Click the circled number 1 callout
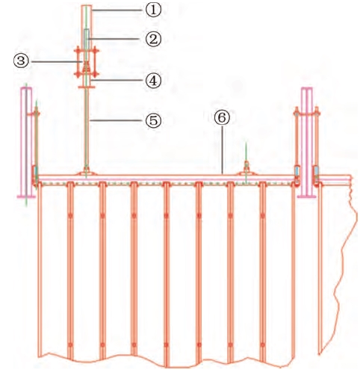(x=153, y=10)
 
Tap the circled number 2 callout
(x=153, y=39)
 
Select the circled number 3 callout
(x=21, y=61)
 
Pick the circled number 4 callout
(x=153, y=80)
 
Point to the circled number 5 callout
(x=153, y=120)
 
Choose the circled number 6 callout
(x=222, y=117)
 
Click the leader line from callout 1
(x=119, y=10)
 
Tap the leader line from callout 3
(x=55, y=61)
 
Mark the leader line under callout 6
(x=222, y=149)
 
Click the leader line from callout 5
(x=117, y=120)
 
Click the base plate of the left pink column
(x=26, y=197)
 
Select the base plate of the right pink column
(x=307, y=197)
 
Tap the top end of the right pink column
(x=307, y=88)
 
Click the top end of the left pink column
(x=26, y=89)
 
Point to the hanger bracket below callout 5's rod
(x=86, y=173)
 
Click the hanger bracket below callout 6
(x=246, y=172)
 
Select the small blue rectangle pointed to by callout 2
(x=87, y=39)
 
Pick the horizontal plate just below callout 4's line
(x=87, y=87)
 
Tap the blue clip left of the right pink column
(x=297, y=171)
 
